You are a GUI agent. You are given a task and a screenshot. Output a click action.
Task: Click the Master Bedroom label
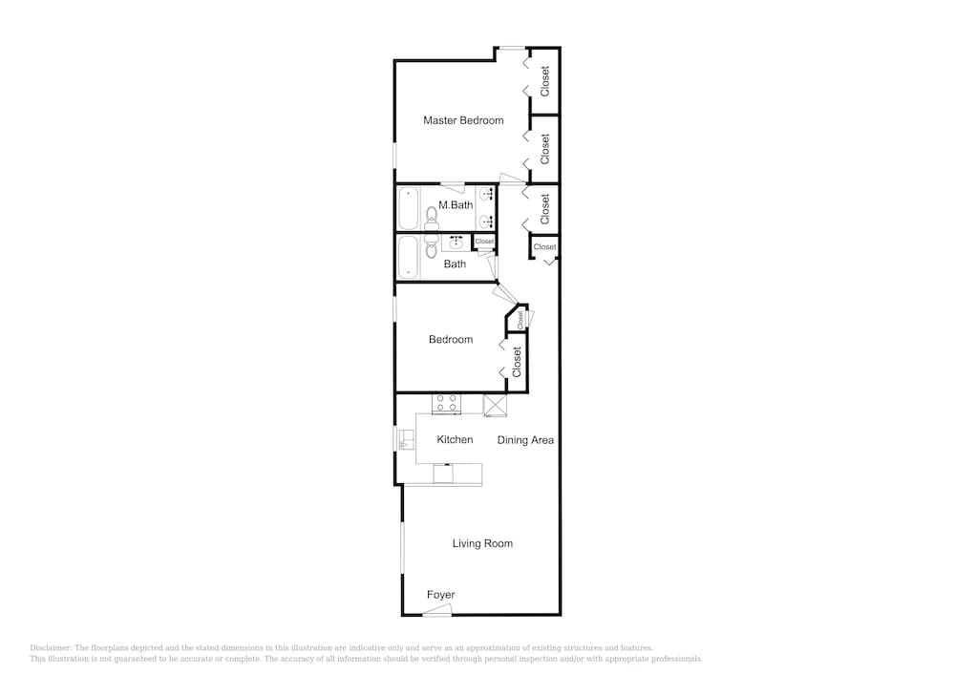coord(463,120)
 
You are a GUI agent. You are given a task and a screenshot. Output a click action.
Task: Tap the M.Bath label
coord(456,205)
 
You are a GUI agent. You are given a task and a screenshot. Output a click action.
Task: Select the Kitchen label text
coord(455,439)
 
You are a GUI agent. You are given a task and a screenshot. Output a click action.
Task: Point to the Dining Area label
coord(525,440)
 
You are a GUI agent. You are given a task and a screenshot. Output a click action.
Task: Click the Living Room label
coord(482,543)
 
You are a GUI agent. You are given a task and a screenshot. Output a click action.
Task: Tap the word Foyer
coord(441,595)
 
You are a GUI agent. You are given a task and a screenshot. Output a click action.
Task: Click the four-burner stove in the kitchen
coord(446,404)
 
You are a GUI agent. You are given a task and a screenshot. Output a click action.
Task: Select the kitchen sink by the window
coord(406,440)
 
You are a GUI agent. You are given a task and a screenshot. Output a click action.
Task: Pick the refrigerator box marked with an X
coord(495,406)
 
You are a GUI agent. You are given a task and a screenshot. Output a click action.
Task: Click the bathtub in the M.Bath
coord(408,208)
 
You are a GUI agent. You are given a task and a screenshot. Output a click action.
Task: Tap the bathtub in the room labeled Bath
coord(408,258)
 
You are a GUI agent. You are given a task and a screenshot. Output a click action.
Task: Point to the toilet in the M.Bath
coord(432,218)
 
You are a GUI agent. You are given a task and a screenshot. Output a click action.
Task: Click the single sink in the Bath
coord(456,243)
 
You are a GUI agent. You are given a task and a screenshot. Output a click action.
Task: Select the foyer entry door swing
coord(437,610)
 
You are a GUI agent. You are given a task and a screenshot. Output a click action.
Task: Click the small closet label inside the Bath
coord(484,242)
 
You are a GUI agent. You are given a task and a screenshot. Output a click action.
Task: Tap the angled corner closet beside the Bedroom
coord(517,319)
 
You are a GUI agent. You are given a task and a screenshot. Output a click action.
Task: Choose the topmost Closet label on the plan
coord(545,81)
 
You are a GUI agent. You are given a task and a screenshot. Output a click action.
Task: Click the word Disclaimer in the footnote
coord(51,648)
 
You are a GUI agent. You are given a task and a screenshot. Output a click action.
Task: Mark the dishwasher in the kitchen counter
coord(443,474)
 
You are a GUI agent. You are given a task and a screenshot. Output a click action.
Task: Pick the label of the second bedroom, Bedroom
coord(451,340)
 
